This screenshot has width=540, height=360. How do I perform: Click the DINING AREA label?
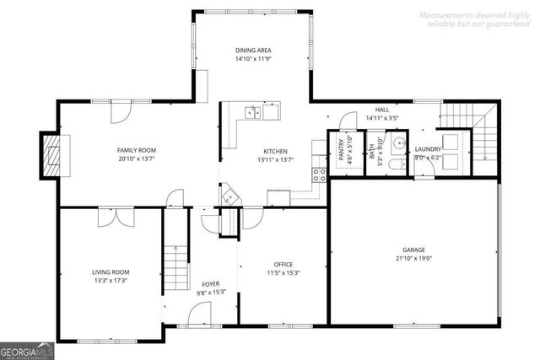[x=253, y=51]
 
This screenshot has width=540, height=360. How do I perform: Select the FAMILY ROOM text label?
[x=136, y=150]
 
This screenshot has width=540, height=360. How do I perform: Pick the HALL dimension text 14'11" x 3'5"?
[x=381, y=120]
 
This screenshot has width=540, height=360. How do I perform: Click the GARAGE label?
[x=413, y=250]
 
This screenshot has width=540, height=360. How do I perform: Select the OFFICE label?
[x=283, y=265]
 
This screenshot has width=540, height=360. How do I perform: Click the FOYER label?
[x=211, y=283]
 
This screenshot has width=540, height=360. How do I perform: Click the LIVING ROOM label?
[x=111, y=271]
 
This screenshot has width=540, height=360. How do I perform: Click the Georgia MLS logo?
[x=28, y=348]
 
